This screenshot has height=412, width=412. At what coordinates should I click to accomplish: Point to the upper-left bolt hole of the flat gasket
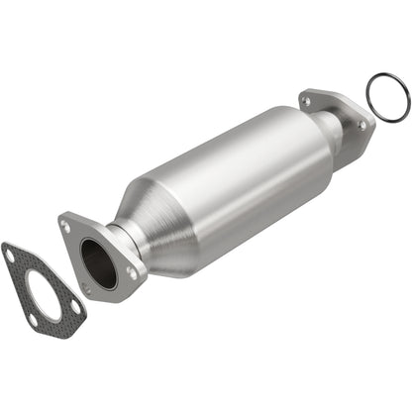click(x=11, y=256)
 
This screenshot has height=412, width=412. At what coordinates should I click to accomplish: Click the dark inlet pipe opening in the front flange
click(x=98, y=264)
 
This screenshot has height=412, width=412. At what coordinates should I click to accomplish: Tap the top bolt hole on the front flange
click(x=66, y=226)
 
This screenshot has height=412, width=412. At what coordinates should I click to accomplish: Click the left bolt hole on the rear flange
click(x=304, y=100)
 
